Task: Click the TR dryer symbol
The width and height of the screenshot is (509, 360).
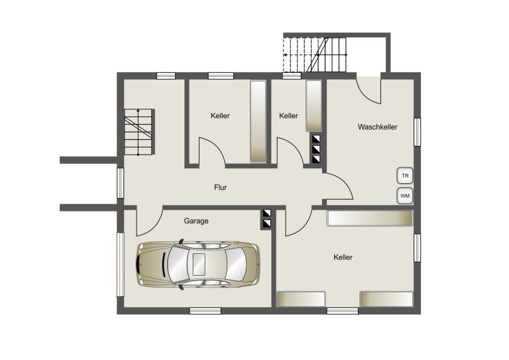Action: (x=405, y=176)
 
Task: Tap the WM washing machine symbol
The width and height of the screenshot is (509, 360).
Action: (x=405, y=196)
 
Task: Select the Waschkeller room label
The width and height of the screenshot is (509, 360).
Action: (x=378, y=127)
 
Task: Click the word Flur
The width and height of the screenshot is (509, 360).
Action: (x=221, y=188)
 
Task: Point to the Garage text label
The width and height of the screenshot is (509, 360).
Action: (x=196, y=221)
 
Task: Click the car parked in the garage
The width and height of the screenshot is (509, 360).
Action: (x=198, y=265)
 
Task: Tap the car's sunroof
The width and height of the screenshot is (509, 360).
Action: (x=199, y=265)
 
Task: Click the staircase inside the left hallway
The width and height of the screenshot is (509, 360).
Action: (x=139, y=132)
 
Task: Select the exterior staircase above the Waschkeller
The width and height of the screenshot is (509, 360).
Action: (x=315, y=55)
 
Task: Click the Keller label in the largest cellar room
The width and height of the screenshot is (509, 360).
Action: (x=343, y=257)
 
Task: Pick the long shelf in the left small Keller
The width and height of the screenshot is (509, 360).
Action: (x=258, y=121)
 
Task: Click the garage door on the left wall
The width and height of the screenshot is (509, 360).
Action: (x=121, y=265)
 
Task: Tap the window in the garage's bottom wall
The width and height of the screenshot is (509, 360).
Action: (x=205, y=311)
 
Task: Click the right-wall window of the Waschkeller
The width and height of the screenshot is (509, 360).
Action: (x=417, y=132)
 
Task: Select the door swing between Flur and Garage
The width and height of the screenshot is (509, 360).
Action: (x=149, y=221)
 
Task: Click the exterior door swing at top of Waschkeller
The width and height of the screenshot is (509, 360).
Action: (x=368, y=91)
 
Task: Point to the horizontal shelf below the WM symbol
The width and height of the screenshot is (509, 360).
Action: (x=369, y=219)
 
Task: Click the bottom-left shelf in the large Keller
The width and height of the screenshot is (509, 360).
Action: (x=301, y=299)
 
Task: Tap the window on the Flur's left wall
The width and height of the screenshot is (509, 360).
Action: (x=121, y=183)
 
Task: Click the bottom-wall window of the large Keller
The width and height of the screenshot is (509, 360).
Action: (x=342, y=311)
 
